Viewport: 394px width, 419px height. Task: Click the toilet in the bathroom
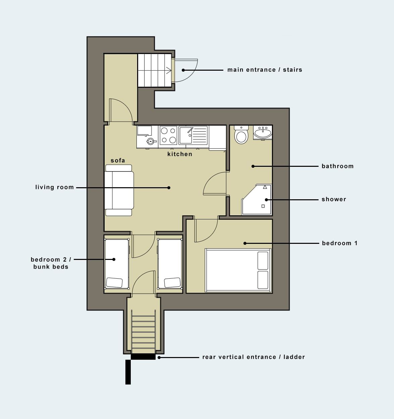tap(241, 135)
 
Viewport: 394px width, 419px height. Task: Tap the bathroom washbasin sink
tap(263, 133)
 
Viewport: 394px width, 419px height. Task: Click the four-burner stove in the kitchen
tap(168, 135)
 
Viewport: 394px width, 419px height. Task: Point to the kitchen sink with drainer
tap(193, 135)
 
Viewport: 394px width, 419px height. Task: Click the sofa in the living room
tap(119, 190)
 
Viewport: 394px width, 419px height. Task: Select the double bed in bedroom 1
tap(238, 270)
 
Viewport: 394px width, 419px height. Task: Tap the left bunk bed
tap(117, 264)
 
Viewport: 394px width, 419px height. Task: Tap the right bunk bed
tap(170, 264)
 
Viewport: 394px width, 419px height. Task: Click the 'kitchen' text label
tap(180, 154)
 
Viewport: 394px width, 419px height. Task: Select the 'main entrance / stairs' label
tap(265, 70)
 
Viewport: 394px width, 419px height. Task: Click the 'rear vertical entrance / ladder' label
tap(254, 357)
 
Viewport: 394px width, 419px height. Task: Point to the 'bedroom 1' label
tap(339, 243)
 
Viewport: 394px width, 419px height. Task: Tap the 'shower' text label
tap(334, 199)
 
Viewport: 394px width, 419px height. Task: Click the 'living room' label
tap(54, 187)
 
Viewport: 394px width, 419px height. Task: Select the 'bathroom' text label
tap(337, 166)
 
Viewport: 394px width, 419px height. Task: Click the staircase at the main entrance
tap(155, 70)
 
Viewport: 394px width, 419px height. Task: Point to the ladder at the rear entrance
tap(144, 332)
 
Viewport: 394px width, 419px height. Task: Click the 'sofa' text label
tap(118, 160)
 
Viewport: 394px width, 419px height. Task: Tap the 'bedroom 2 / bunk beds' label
tap(51, 263)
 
